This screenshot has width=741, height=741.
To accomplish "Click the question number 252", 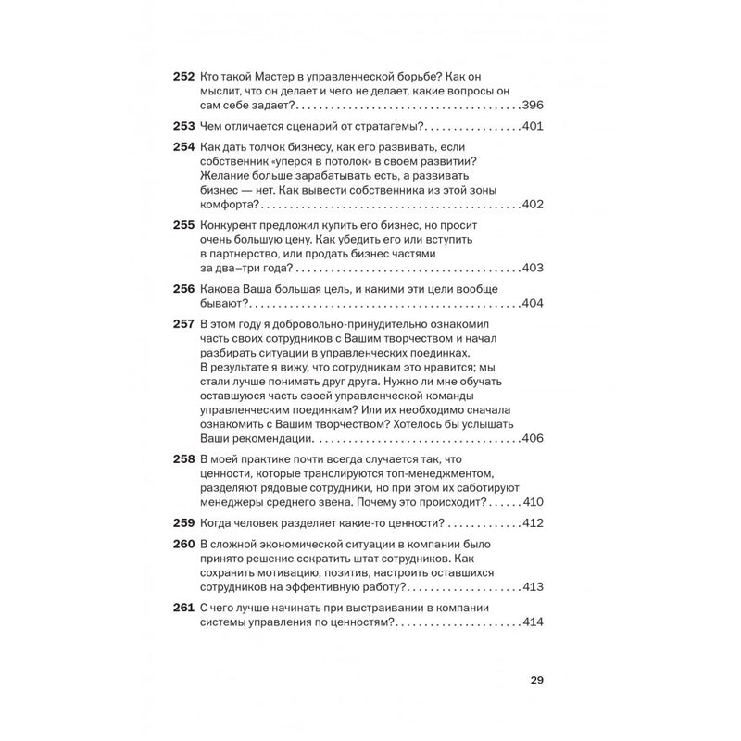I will [x=182, y=77].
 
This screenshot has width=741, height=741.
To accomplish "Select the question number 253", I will [x=182, y=127].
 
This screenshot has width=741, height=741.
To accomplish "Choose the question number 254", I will [x=182, y=147].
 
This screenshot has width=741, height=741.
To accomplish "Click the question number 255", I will [x=182, y=225].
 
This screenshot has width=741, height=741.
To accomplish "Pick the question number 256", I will [x=182, y=289].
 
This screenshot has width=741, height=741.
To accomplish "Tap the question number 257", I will [x=182, y=324].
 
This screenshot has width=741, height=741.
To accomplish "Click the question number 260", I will [x=182, y=544].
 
